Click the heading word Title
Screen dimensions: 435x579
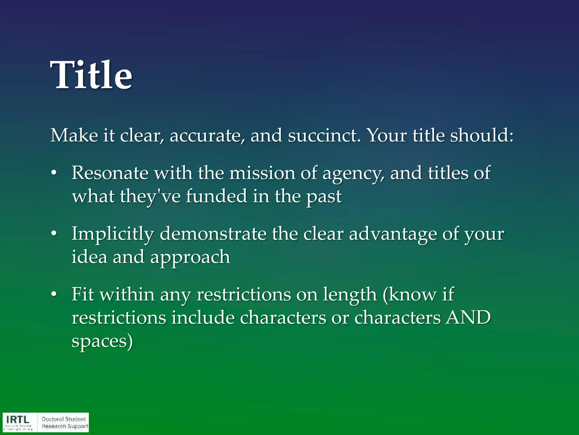91,75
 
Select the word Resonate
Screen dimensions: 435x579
110,173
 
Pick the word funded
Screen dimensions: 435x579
216,196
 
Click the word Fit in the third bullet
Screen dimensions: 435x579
83,294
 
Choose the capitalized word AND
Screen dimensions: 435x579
468,317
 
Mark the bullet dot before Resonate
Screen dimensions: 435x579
54,173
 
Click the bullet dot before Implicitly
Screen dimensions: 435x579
54,234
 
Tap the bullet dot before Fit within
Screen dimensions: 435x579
54,295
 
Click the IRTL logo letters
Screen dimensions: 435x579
18,420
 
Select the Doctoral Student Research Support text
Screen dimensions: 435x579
64,423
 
